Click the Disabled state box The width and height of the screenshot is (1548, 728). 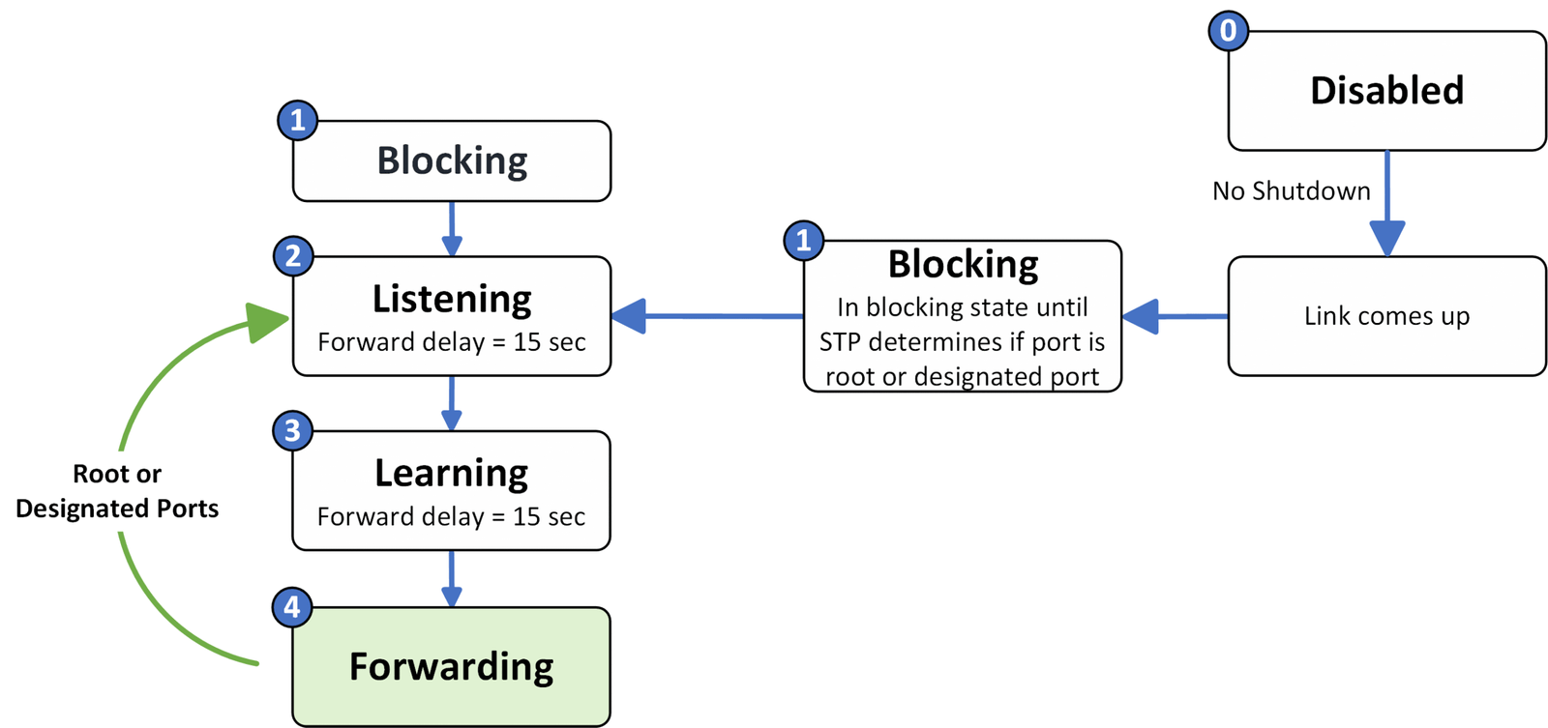[1386, 91]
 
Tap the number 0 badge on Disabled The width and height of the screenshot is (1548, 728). [1228, 31]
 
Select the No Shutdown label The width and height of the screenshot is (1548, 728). [1291, 191]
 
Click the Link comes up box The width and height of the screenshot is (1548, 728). [1386, 316]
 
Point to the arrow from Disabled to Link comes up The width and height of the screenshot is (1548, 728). [1386, 208]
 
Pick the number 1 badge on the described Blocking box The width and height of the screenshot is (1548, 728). [803, 240]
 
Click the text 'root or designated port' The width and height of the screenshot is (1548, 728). [962, 376]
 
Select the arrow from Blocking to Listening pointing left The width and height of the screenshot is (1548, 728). [706, 316]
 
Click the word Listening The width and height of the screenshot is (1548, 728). [452, 299]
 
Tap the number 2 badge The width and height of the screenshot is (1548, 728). [293, 256]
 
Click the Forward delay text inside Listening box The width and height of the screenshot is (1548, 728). [452, 342]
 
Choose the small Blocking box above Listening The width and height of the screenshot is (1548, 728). [452, 160]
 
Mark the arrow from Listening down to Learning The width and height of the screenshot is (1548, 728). [452, 404]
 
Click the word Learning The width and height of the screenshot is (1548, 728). [452, 473]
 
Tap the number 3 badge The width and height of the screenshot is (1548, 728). [292, 430]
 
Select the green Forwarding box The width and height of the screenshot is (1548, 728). [452, 667]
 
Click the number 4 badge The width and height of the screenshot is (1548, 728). [292, 607]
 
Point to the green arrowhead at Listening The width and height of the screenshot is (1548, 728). [267, 321]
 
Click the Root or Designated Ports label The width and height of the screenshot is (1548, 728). [117, 491]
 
